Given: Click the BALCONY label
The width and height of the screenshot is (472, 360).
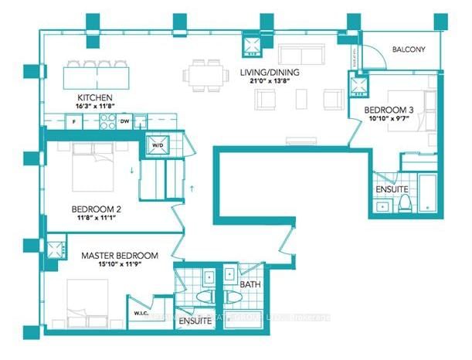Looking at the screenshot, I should (408, 49).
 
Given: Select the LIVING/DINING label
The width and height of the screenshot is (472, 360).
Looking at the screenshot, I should (269, 74).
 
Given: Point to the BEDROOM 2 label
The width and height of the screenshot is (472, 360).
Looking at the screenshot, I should (96, 209).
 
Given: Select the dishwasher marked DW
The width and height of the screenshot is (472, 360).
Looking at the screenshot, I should (124, 121).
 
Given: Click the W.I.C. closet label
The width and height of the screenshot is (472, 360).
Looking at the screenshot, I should (141, 313).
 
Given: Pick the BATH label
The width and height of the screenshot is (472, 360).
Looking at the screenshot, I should (250, 285).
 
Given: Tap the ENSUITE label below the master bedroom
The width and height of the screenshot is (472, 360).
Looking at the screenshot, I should (195, 321).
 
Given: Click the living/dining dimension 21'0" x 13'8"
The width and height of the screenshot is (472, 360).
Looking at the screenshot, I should (269, 83).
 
